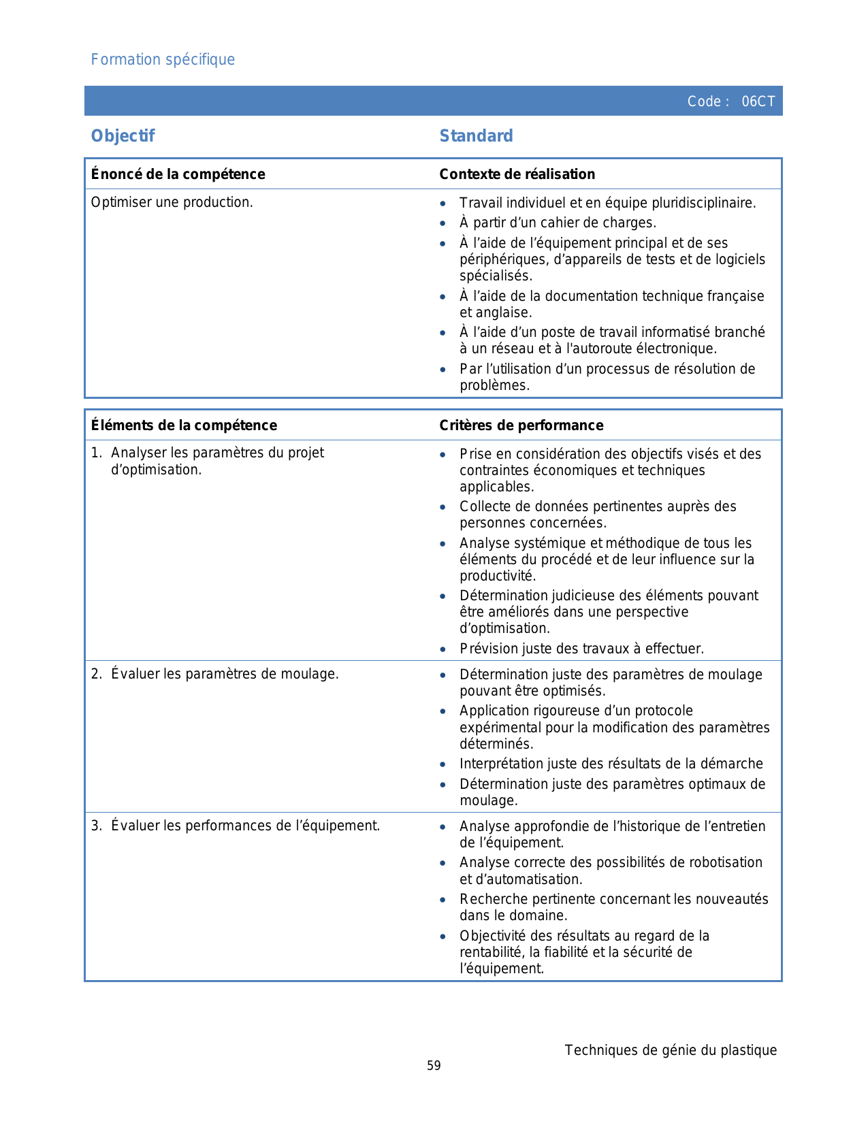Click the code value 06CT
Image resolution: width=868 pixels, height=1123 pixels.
[758, 101]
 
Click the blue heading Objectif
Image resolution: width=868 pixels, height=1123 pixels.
[123, 136]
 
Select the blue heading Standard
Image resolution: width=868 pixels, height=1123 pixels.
[476, 136]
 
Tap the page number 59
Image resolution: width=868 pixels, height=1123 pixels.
[434, 1066]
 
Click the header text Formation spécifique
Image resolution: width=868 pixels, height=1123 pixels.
[163, 60]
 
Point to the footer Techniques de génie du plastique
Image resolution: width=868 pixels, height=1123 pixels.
[670, 1050]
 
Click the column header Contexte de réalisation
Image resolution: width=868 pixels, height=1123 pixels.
[517, 174]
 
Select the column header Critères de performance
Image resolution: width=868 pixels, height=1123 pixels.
[521, 425]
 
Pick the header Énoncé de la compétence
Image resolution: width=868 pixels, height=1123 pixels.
[178, 174]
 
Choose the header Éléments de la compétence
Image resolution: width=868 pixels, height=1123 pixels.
[184, 425]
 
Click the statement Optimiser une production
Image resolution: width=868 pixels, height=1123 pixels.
[172, 202]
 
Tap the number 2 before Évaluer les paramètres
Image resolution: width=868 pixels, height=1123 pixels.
[96, 674]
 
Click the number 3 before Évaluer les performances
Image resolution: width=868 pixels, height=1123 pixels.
[96, 826]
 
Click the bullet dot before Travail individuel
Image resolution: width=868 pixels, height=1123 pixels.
[443, 204]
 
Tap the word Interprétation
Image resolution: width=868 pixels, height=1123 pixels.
[502, 764]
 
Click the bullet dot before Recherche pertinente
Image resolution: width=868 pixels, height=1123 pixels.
[443, 900]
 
